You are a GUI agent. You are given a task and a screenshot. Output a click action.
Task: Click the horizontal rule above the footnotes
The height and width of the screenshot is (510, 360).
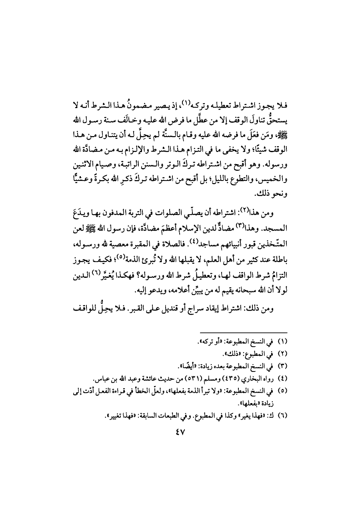tap(243, 333)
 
